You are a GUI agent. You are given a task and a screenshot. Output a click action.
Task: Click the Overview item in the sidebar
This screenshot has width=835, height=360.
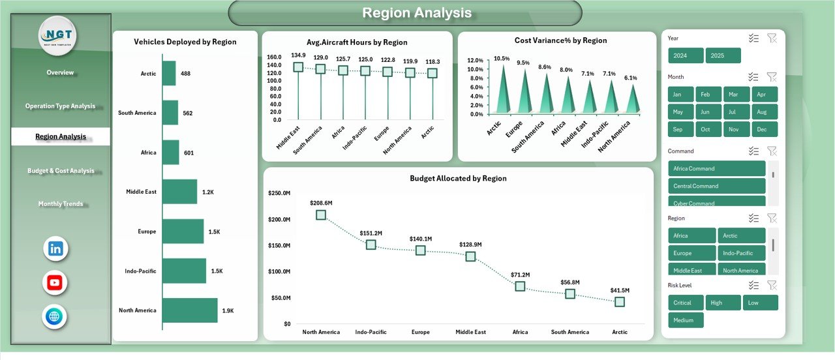tap(60, 72)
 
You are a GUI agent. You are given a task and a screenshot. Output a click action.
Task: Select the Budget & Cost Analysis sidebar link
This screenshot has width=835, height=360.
tap(61, 171)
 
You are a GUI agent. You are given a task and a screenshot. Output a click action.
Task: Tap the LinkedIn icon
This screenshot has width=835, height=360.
tap(55, 248)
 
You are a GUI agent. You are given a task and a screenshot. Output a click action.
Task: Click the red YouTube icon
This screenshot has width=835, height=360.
tap(55, 282)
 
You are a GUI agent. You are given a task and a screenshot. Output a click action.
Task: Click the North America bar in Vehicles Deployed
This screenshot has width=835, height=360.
tap(190, 310)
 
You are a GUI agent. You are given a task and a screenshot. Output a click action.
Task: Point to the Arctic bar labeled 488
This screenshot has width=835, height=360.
tap(169, 74)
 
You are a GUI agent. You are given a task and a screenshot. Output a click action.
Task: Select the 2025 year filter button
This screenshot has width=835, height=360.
tap(723, 55)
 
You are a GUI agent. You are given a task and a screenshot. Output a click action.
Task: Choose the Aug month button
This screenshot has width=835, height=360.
tap(765, 112)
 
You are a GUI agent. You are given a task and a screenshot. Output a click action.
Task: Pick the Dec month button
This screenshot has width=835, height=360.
tap(765, 130)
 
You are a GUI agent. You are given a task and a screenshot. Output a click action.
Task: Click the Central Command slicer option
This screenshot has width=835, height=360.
tap(716, 186)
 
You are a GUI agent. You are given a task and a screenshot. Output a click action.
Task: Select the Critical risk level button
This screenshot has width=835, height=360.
tap(686, 303)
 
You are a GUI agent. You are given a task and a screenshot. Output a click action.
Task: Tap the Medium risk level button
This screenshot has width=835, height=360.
tap(686, 320)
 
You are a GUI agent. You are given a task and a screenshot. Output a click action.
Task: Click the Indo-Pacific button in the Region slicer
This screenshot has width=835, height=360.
tap(742, 253)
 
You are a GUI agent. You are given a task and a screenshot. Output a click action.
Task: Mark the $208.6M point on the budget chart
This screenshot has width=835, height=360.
tap(321, 215)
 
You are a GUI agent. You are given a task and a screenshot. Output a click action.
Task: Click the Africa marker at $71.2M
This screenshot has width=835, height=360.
tap(520, 286)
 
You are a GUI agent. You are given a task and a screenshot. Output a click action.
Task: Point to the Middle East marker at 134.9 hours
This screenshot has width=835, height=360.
tap(298, 67)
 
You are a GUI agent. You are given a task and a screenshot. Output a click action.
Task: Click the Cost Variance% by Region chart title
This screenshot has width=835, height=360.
tap(560, 40)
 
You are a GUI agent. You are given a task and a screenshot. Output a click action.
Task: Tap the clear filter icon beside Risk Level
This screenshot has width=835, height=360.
tap(772, 285)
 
